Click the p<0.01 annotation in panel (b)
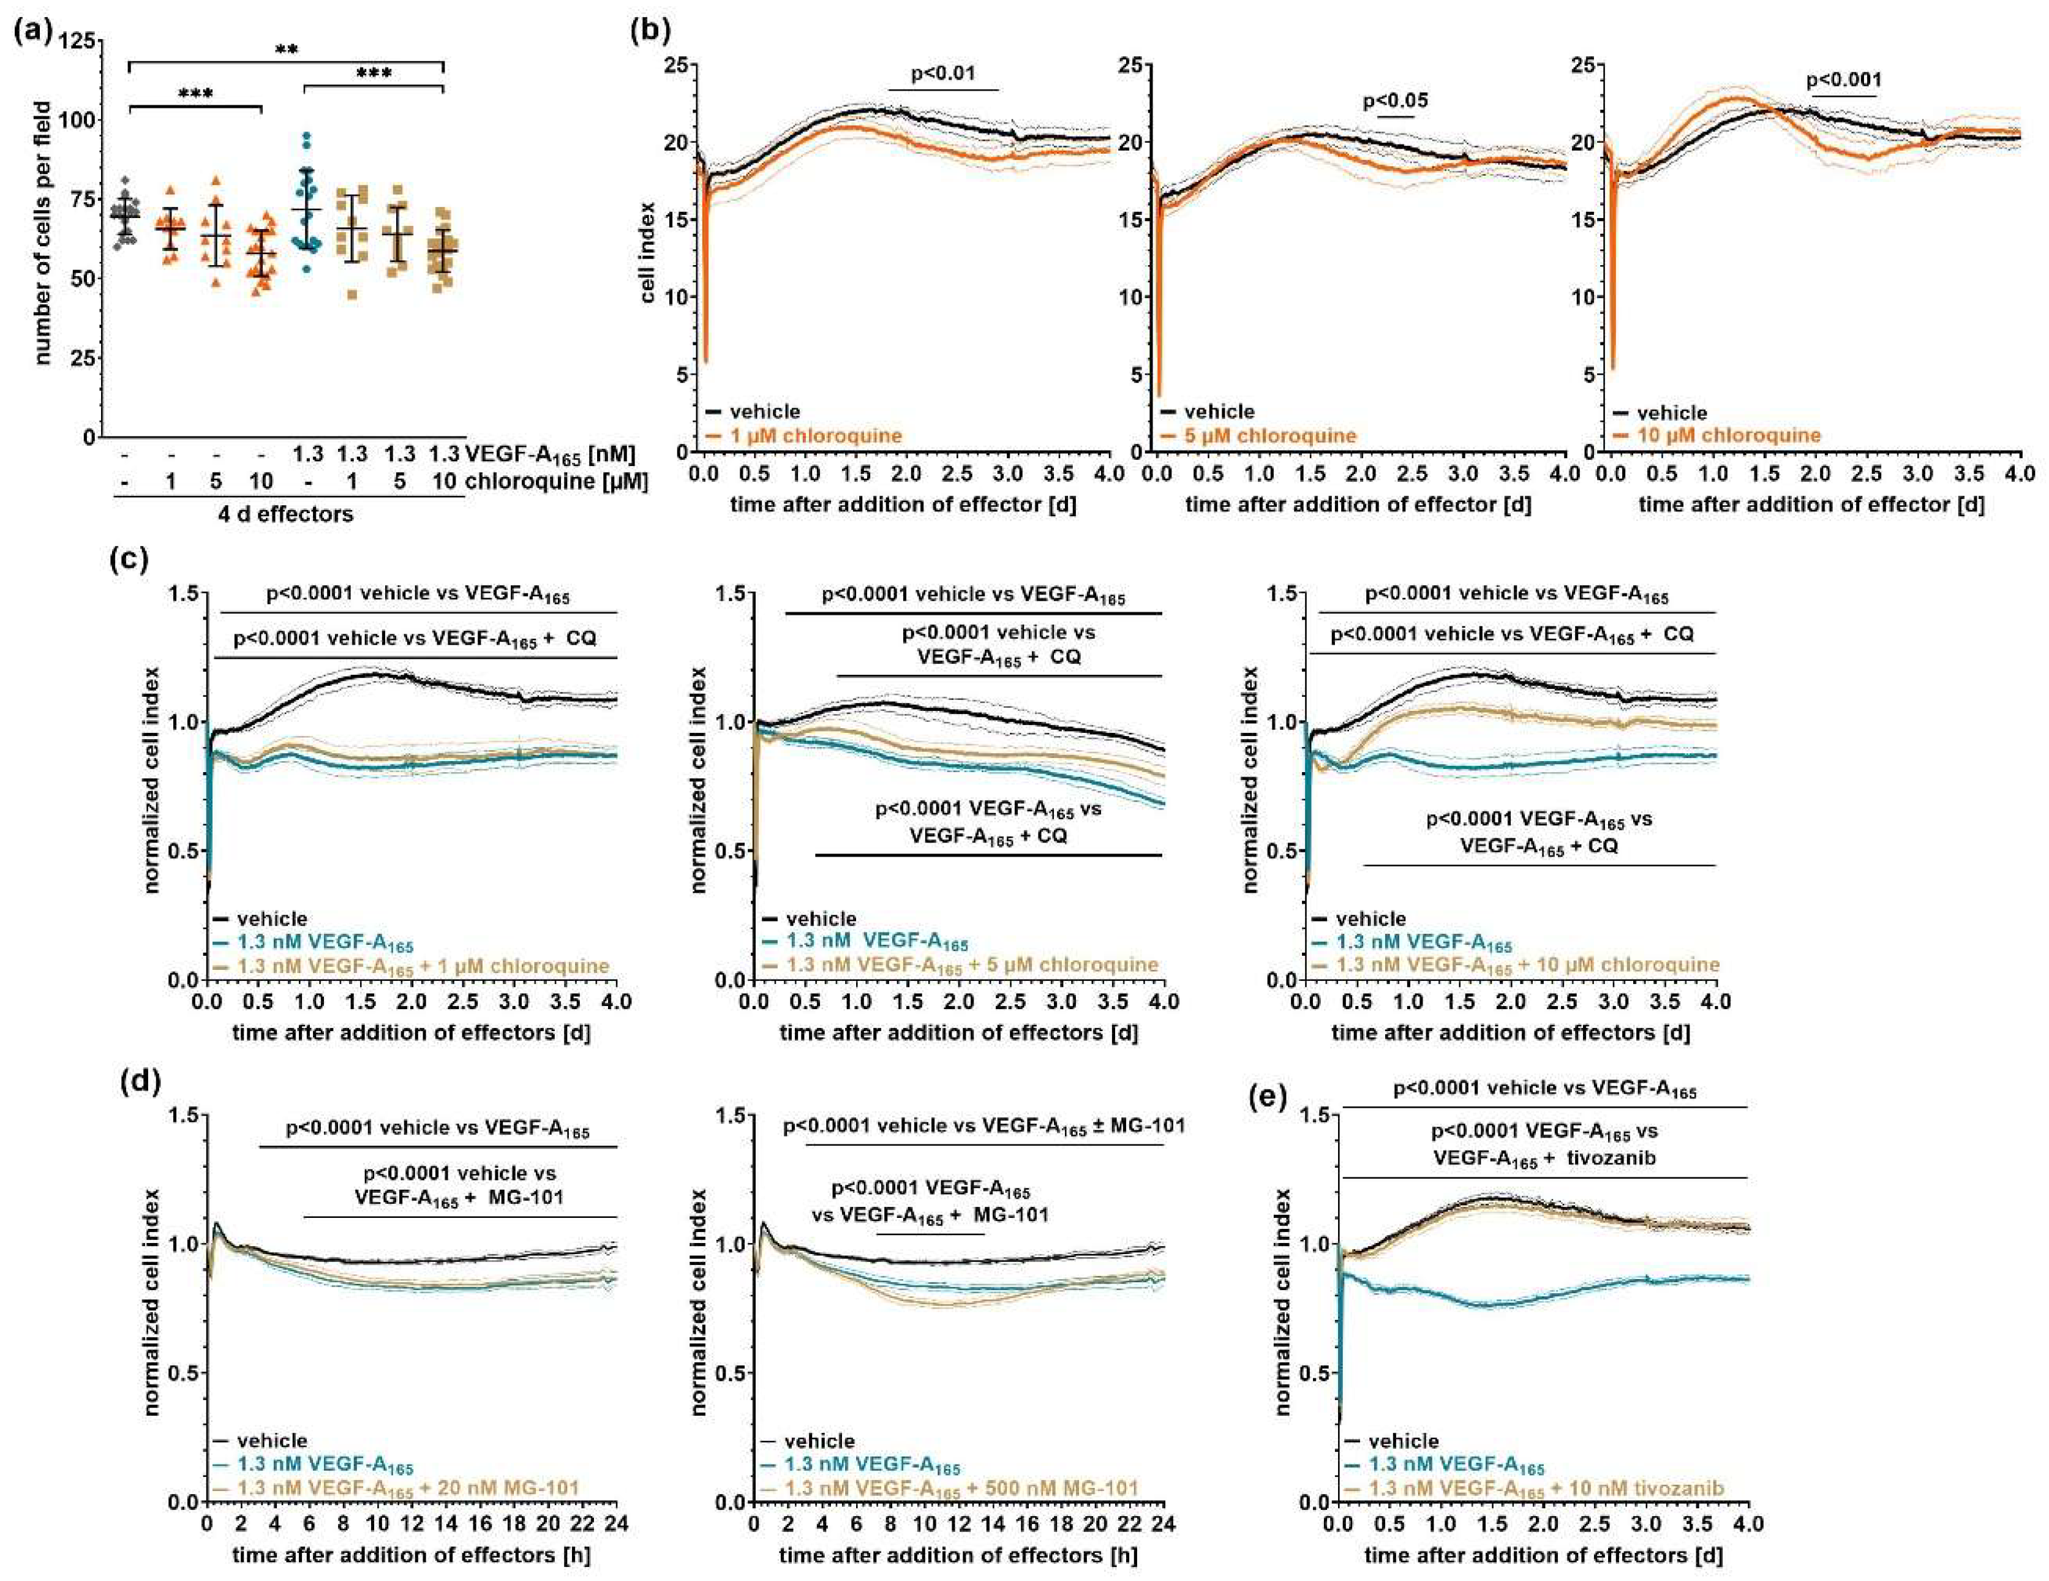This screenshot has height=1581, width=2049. pyautogui.click(x=943, y=73)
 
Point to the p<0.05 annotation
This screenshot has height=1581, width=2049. pyautogui.click(x=1395, y=100)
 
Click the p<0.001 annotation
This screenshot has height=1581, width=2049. pyautogui.click(x=1843, y=81)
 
